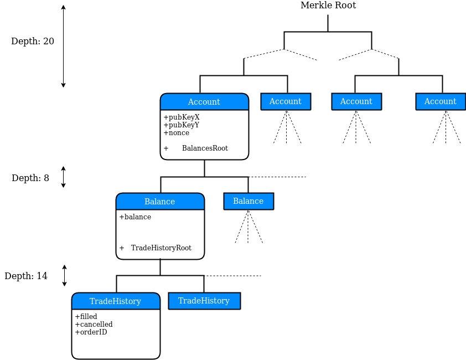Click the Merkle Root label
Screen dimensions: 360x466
point(328,6)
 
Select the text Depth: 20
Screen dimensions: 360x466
point(33,42)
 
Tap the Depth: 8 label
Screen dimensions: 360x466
point(30,178)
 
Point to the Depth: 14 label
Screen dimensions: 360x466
point(26,276)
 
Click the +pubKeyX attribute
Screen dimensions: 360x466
point(181,117)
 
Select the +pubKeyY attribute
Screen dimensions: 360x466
point(181,125)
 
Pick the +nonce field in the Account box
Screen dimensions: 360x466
point(176,133)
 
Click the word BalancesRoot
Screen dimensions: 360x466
point(205,148)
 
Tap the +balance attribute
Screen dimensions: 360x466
point(135,217)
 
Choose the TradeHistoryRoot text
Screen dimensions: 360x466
point(161,248)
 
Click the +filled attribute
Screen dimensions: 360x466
point(86,317)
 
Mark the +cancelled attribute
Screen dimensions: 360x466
point(94,325)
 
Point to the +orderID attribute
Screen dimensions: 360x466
point(91,332)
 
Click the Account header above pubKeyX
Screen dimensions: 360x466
point(204,102)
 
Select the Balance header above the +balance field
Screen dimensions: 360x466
point(159,202)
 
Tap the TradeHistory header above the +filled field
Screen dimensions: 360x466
point(115,301)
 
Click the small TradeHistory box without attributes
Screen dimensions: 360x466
point(204,301)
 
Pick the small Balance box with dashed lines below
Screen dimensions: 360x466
point(248,201)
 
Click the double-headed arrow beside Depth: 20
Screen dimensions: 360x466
point(63,46)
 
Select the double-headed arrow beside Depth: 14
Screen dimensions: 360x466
point(64,275)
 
